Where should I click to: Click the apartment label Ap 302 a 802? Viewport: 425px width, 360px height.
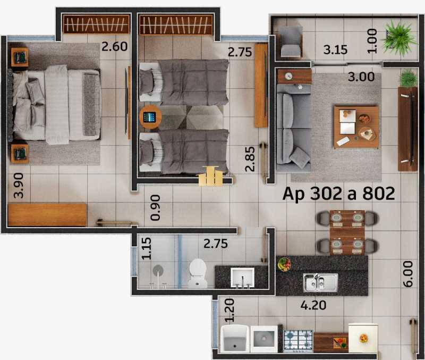(x=338, y=194)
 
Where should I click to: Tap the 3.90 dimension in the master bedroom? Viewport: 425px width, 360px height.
(x=19, y=186)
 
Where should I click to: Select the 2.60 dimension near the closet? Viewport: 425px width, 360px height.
(x=114, y=47)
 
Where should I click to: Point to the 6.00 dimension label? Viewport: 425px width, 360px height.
(x=408, y=274)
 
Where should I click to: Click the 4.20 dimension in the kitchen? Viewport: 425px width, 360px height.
(x=313, y=305)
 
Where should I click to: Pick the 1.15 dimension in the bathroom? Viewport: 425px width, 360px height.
(x=146, y=248)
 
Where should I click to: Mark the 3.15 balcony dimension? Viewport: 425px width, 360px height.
(x=335, y=50)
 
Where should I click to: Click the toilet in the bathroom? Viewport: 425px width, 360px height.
(x=198, y=273)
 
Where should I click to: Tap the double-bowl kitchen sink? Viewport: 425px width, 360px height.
(x=320, y=282)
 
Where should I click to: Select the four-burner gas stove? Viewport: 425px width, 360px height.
(x=298, y=341)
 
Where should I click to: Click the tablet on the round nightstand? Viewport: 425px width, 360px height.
(x=150, y=117)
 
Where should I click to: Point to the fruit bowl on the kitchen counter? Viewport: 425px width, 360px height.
(x=284, y=264)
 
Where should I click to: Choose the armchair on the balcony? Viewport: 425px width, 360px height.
(x=290, y=41)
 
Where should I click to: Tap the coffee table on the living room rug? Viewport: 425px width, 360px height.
(x=356, y=127)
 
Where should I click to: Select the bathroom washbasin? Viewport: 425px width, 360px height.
(x=242, y=278)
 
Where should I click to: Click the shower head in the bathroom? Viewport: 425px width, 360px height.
(x=158, y=270)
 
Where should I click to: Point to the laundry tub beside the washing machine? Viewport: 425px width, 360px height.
(x=235, y=339)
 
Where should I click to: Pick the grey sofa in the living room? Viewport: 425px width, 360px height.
(x=294, y=128)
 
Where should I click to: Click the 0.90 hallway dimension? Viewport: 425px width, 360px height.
(x=155, y=208)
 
